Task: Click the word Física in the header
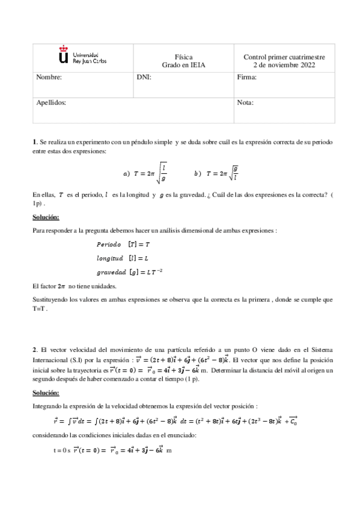184,57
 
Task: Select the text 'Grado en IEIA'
184,65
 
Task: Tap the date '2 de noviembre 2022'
284,65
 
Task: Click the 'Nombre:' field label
49,78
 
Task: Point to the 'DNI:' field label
144,78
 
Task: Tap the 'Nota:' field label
245,103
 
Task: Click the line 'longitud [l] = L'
123,258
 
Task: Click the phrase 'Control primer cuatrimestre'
284,57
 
